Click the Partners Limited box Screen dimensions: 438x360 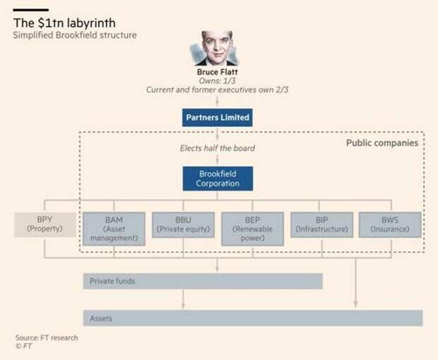click(x=218, y=117)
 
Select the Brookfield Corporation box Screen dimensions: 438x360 click(x=218, y=179)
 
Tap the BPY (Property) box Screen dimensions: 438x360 click(x=45, y=224)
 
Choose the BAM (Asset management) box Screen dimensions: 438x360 click(x=114, y=229)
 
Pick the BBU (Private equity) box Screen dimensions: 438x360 click(x=183, y=225)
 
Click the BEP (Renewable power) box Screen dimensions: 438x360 click(x=252, y=229)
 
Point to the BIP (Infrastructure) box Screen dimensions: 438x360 click(x=322, y=225)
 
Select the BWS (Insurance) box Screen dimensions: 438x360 click(x=390, y=225)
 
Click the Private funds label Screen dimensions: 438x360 click(x=112, y=281)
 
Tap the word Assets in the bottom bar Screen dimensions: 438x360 click(x=101, y=318)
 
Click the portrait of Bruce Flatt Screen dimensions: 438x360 click(x=216, y=48)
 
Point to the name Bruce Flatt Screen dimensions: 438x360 click(x=218, y=72)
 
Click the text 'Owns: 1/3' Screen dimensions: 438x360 click(x=218, y=81)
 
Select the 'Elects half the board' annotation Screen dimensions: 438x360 click(x=218, y=148)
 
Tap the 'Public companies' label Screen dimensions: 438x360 click(x=382, y=143)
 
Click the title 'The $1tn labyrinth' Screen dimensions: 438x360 click(x=64, y=23)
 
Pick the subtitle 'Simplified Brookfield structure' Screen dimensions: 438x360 click(x=75, y=35)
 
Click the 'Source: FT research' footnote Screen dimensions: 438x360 click(x=47, y=337)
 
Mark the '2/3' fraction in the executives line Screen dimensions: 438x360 click(x=282, y=90)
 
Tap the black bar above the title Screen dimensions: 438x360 click(x=30, y=10)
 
